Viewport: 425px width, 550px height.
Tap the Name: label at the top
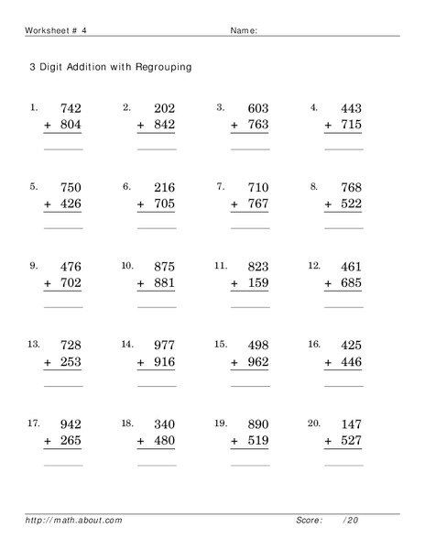(x=243, y=30)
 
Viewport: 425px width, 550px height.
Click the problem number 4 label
(x=313, y=107)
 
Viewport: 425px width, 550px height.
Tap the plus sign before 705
(x=141, y=204)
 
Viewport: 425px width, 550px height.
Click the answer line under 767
(x=249, y=226)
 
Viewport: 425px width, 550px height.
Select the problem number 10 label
(x=127, y=266)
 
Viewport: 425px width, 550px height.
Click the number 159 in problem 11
(x=256, y=283)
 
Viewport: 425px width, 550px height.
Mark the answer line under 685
(x=343, y=306)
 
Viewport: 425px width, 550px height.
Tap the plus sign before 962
(x=234, y=362)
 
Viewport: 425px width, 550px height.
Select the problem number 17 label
(x=34, y=423)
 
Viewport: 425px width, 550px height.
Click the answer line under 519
(x=249, y=464)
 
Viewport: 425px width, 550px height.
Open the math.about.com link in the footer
(x=73, y=520)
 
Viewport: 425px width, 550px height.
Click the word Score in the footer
(x=309, y=520)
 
